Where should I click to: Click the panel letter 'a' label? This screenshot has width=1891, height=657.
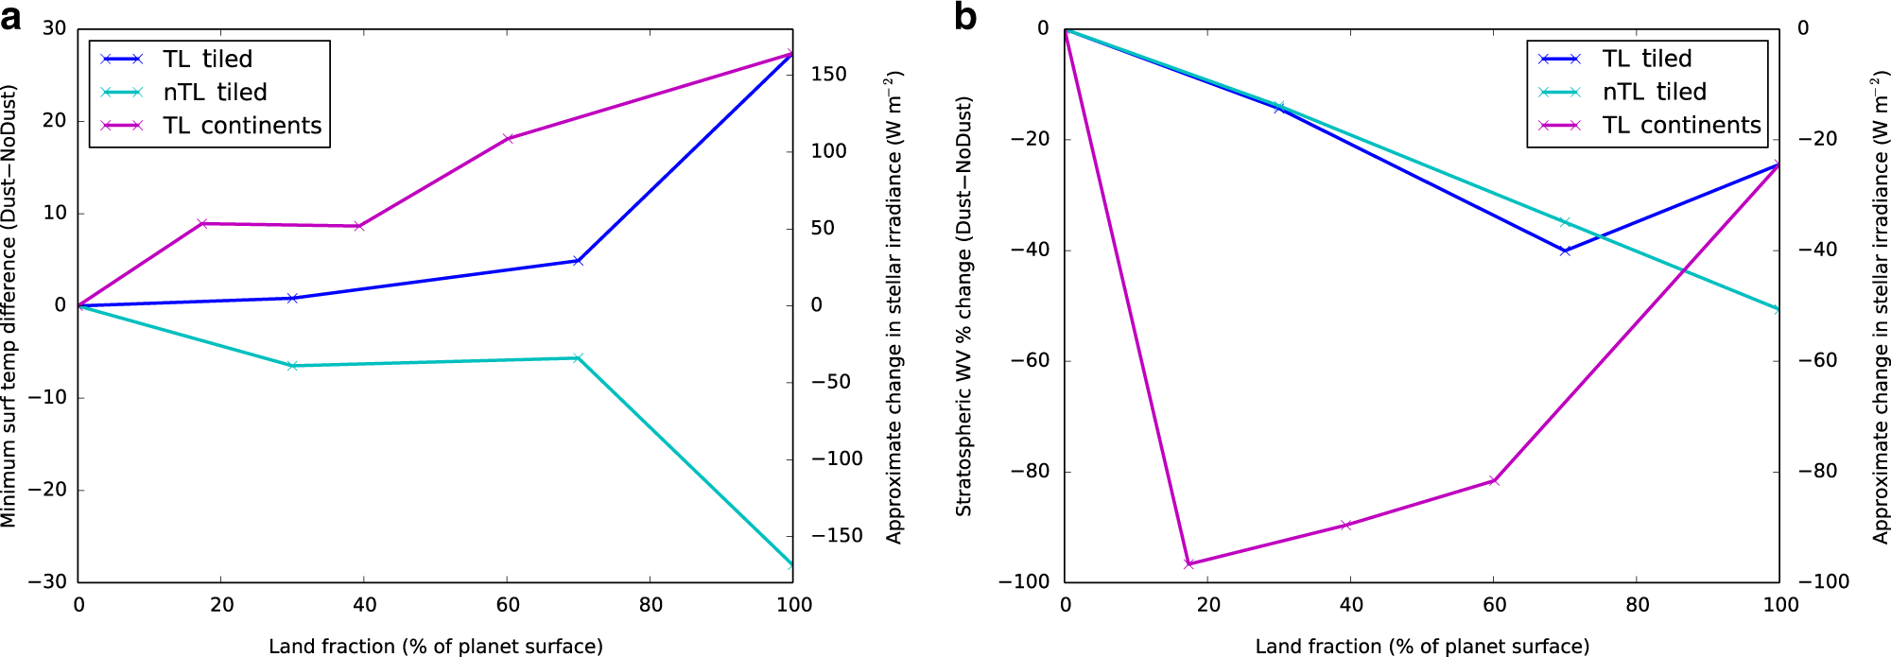pyautogui.click(x=11, y=17)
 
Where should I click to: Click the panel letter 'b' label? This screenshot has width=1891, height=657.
pyautogui.click(x=965, y=17)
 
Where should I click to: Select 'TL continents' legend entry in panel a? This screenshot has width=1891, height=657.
pyautogui.click(x=241, y=126)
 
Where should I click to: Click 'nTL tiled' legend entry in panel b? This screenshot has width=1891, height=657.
pyautogui.click(x=1653, y=92)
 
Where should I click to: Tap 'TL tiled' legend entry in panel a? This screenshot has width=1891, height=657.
pyautogui.click(x=207, y=59)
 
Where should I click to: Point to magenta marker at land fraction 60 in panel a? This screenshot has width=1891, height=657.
pyautogui.click(x=508, y=139)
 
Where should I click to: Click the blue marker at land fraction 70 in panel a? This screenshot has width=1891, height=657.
pyautogui.click(x=579, y=261)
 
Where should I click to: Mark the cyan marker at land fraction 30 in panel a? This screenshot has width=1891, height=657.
pyautogui.click(x=293, y=366)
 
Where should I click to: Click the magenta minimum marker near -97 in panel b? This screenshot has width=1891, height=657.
pyautogui.click(x=1189, y=564)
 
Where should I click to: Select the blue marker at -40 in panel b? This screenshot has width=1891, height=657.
pyautogui.click(x=1566, y=251)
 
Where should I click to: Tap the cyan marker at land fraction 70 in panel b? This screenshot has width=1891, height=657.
pyautogui.click(x=1566, y=223)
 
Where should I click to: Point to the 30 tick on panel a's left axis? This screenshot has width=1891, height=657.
pyautogui.click(x=55, y=28)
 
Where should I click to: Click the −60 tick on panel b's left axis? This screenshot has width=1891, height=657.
pyautogui.click(x=1030, y=360)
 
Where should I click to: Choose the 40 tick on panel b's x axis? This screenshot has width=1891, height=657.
pyautogui.click(x=1351, y=605)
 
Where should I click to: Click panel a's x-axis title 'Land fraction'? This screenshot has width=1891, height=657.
pyautogui.click(x=435, y=647)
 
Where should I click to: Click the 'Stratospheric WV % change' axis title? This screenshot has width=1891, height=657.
pyautogui.click(x=963, y=305)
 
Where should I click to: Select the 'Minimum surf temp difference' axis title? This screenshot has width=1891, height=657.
pyautogui.click(x=9, y=305)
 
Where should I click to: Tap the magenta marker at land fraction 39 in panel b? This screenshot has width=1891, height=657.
pyautogui.click(x=1345, y=526)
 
